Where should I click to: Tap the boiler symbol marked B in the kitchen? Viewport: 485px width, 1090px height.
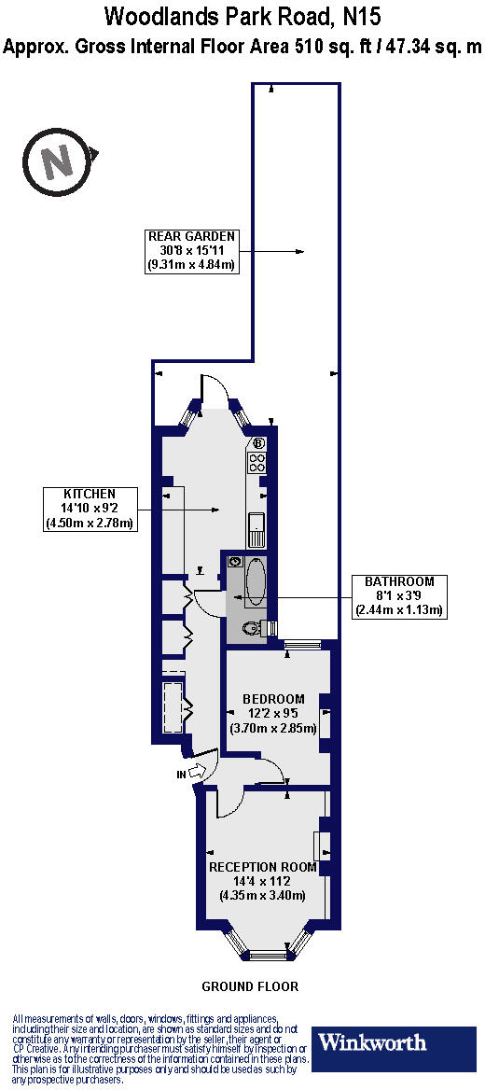tap(257, 443)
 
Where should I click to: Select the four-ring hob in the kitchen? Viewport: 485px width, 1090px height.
tap(257, 463)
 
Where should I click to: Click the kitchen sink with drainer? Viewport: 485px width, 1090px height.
tap(256, 530)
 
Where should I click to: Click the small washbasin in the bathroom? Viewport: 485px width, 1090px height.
tap(235, 562)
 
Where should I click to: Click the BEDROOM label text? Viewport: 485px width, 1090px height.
tap(273, 699)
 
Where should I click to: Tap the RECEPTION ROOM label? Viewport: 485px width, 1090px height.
tap(263, 867)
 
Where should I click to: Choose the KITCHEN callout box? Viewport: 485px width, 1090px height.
tap(90, 509)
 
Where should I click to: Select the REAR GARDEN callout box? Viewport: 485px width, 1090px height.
tap(192, 250)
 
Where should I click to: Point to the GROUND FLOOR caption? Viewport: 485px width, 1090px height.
tap(250, 986)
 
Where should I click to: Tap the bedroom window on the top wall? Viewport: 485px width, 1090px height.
tap(302, 644)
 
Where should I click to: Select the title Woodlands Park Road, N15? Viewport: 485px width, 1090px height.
tap(242, 16)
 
